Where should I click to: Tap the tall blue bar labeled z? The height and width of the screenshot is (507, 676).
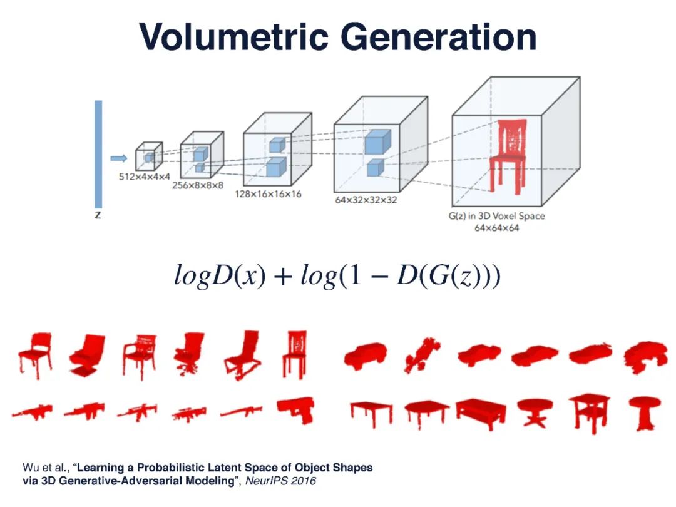coord(98,153)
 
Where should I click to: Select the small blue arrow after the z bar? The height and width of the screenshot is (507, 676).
coord(118,158)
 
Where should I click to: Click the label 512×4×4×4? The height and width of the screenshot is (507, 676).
coord(144,177)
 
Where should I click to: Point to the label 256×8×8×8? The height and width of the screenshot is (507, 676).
coord(198,185)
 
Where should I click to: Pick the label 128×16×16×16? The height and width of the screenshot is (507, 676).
coord(268,194)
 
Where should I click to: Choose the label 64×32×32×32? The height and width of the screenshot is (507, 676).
coord(366,200)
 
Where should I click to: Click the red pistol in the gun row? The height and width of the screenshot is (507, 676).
coord(296,410)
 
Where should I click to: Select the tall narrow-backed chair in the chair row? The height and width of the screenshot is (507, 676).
coord(294,354)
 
